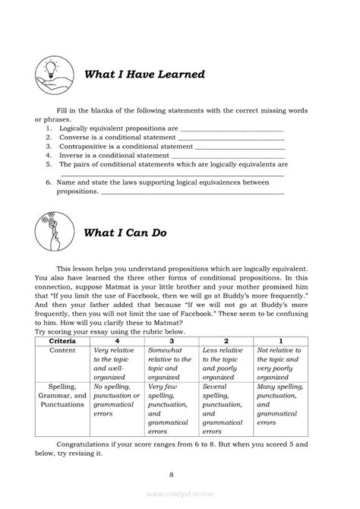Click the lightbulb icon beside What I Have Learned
pos(52,74)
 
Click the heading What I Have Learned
pos(144,74)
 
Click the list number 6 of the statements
pos(48,182)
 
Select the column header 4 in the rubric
pos(115,341)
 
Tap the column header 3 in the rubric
pos(171,341)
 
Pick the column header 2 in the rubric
pos(226,341)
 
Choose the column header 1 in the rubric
pos(280,341)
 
